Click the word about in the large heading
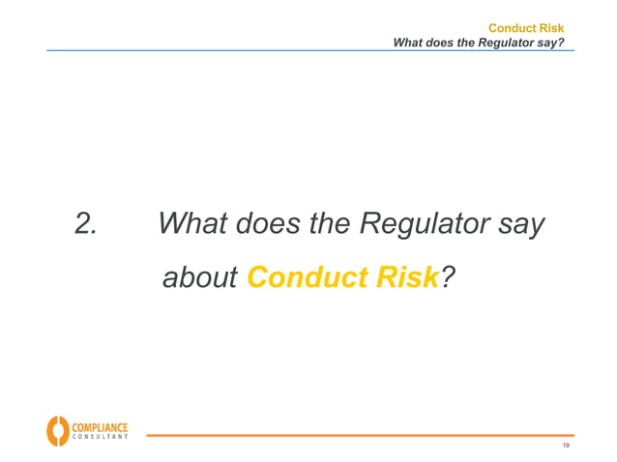(200, 278)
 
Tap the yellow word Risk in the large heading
(405, 278)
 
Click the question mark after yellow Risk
(447, 278)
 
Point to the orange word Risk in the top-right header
(552, 28)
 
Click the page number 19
(566, 446)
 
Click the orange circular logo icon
(57, 431)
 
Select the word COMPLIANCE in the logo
(98, 426)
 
